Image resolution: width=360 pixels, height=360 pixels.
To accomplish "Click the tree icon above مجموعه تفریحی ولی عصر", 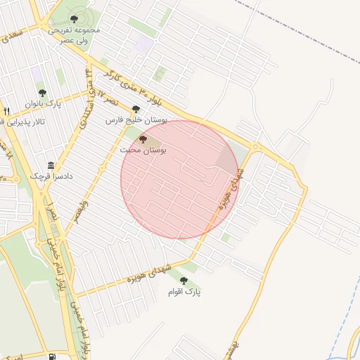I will coord(74,19).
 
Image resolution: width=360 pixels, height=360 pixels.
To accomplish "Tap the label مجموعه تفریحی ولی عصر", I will coord(74,35).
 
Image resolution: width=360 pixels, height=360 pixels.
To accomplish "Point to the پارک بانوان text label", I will coord(44,104).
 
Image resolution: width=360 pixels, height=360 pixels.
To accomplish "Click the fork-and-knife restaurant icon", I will coord(6,111).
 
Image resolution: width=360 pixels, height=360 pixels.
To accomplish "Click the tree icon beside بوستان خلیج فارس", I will coord(136,109).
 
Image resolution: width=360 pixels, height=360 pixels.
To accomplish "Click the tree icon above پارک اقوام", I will coord(184,280).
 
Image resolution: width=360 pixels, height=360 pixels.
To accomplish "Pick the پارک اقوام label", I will coord(184,291).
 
